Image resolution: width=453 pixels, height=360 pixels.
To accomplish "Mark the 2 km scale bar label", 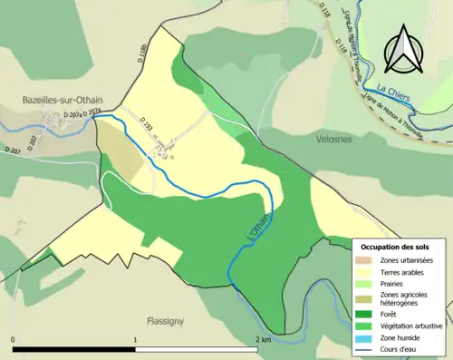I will (264, 340).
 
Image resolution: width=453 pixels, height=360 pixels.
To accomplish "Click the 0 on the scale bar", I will (14, 340).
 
